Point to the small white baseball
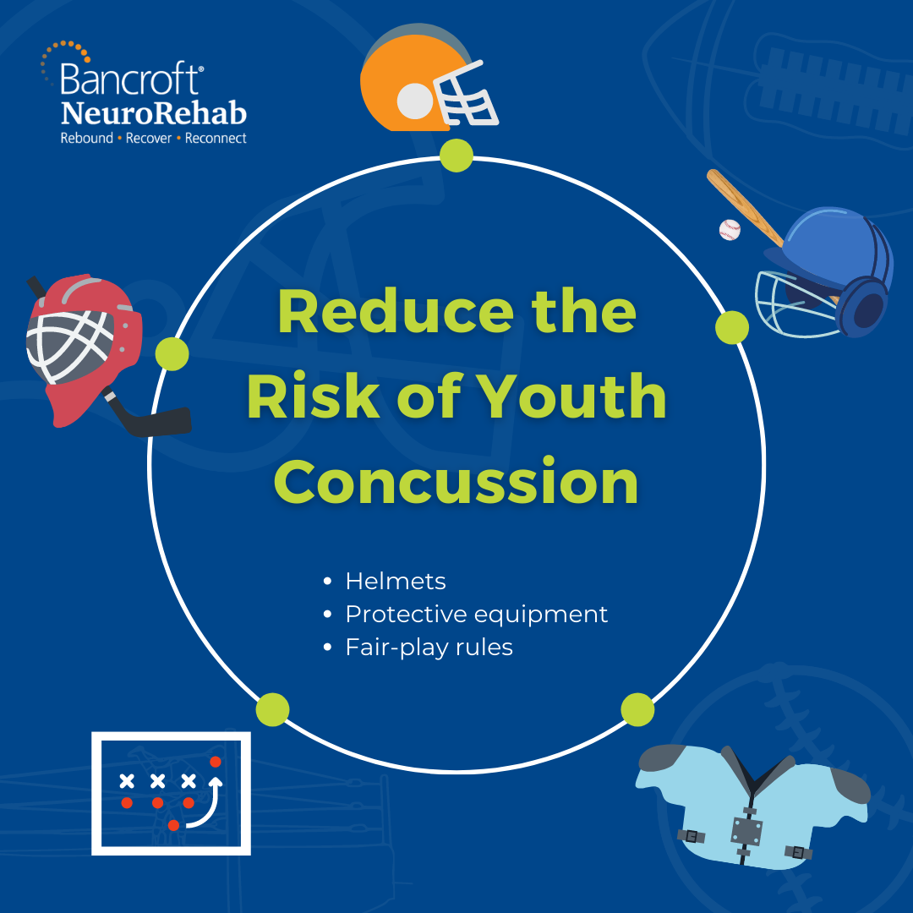pos(730,229)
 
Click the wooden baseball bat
pos(745,208)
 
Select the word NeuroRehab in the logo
pos(154,112)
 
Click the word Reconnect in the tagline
pos(216,139)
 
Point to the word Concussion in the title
pos(456,482)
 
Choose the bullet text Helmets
pos(396,581)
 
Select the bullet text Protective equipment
pos(476,615)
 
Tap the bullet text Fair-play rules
pos(429,648)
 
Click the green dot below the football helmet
pos(456,156)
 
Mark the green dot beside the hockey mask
pos(172,353)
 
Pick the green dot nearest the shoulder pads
pos(637,710)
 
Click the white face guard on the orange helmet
pos(466,95)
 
